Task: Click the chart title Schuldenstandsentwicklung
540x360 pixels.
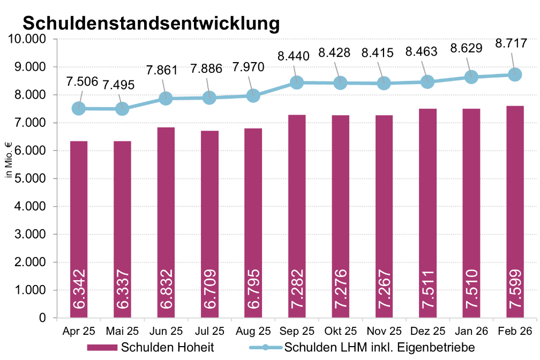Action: coord(151,23)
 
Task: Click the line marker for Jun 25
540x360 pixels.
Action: coord(166,99)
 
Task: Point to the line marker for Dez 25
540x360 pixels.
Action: coord(427,82)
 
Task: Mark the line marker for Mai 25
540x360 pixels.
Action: coord(122,109)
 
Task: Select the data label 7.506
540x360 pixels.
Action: coord(82,81)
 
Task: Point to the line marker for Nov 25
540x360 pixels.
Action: coord(384,83)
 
